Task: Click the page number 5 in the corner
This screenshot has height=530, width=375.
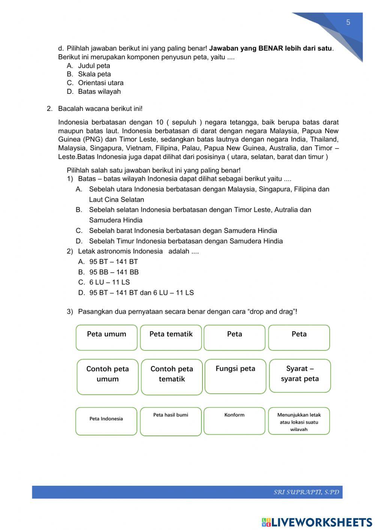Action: [x=348, y=23]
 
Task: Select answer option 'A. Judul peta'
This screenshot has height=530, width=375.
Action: [x=88, y=66]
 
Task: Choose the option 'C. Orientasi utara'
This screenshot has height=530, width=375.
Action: [x=95, y=83]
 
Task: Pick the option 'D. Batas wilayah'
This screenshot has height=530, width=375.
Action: [x=94, y=92]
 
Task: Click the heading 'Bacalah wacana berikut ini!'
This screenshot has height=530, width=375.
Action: [x=100, y=109]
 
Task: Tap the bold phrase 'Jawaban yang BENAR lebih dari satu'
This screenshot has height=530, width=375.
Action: [x=270, y=48]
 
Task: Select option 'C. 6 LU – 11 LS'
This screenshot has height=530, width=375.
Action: [x=104, y=282]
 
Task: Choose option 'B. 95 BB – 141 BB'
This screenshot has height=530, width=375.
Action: [x=108, y=272]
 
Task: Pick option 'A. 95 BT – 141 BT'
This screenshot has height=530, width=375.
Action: [x=108, y=262]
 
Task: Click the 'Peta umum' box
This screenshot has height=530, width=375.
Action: [x=106, y=338]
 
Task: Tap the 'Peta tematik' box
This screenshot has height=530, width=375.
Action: [x=171, y=338]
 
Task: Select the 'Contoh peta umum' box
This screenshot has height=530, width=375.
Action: [x=108, y=377]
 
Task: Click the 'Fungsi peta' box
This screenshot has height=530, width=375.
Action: [x=235, y=376]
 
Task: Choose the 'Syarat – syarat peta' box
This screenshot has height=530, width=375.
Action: [x=300, y=376]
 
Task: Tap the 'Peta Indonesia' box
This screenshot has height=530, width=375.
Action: [x=106, y=421]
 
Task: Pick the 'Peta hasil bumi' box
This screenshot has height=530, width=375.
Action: [x=171, y=421]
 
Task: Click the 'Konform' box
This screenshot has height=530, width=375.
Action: [x=234, y=421]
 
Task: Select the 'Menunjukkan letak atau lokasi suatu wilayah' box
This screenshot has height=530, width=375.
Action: [x=299, y=421]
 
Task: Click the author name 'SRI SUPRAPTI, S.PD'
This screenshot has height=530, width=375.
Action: [x=306, y=492]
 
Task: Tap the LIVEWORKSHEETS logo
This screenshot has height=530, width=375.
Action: [x=317, y=522]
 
